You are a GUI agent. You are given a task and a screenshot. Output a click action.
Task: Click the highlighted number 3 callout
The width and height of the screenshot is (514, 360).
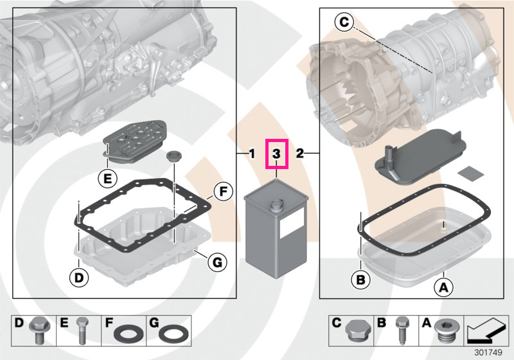(x=277, y=154)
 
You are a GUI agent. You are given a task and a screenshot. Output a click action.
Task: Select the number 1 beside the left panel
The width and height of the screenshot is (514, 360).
(x=251, y=154)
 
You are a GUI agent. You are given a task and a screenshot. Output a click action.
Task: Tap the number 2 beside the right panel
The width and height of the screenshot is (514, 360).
(x=299, y=154)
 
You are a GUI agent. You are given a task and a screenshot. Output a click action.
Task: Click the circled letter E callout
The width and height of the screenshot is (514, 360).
(x=107, y=179)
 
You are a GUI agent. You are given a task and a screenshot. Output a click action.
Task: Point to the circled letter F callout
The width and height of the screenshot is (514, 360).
(x=223, y=192)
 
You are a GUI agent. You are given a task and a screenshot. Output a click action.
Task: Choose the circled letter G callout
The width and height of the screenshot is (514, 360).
(x=218, y=262)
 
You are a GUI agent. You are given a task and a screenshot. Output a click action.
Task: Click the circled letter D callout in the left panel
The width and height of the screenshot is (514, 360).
(x=79, y=278)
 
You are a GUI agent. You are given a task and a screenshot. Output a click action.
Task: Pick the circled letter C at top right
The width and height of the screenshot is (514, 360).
(x=344, y=22)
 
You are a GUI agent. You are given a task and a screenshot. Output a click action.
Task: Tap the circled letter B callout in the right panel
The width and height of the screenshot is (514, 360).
(x=360, y=280)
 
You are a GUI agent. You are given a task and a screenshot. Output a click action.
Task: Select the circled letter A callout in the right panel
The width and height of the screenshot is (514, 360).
(x=443, y=287)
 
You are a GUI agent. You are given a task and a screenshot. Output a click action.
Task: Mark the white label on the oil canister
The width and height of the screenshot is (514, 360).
(x=292, y=223)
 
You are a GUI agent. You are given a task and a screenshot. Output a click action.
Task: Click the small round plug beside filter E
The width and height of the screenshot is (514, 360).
(x=172, y=156)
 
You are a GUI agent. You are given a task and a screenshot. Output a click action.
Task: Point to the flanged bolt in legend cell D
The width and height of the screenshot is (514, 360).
(x=39, y=330)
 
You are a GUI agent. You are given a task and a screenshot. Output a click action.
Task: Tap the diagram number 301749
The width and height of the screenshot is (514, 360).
(x=488, y=352)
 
